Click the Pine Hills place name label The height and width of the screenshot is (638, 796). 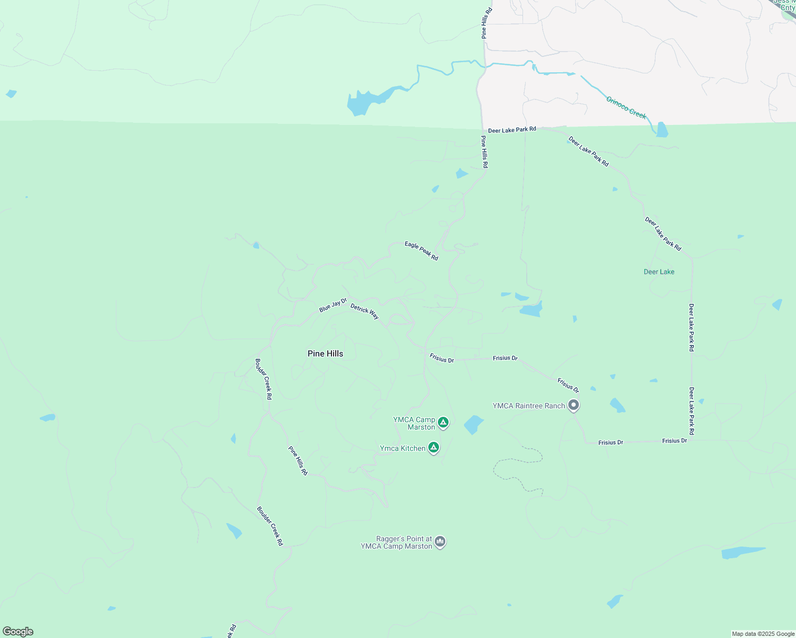(x=325, y=354)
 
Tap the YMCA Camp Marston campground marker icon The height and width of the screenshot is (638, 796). (x=443, y=423)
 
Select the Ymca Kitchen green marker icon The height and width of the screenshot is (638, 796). (x=434, y=448)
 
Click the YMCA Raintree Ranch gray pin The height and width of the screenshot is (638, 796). (x=573, y=405)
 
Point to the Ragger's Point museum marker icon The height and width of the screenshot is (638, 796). (x=440, y=541)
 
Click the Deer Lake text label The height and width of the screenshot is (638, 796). (x=659, y=272)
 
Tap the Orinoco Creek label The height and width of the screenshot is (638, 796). (x=626, y=108)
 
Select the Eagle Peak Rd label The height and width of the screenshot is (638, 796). (x=421, y=251)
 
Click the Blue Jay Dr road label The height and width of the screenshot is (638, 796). (x=333, y=306)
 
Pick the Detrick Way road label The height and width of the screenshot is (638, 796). (x=364, y=311)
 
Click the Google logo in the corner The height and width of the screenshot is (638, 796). (x=18, y=632)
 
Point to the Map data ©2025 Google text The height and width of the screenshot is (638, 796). (x=762, y=634)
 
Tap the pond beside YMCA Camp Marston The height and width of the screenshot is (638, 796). (x=473, y=424)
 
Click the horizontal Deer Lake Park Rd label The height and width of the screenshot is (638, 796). (x=512, y=130)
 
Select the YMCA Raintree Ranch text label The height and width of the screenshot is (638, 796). (x=528, y=406)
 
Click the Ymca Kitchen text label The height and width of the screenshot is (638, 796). (x=402, y=448)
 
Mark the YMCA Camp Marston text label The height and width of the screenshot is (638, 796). (x=414, y=423)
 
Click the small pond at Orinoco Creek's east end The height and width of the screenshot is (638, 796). (x=661, y=130)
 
